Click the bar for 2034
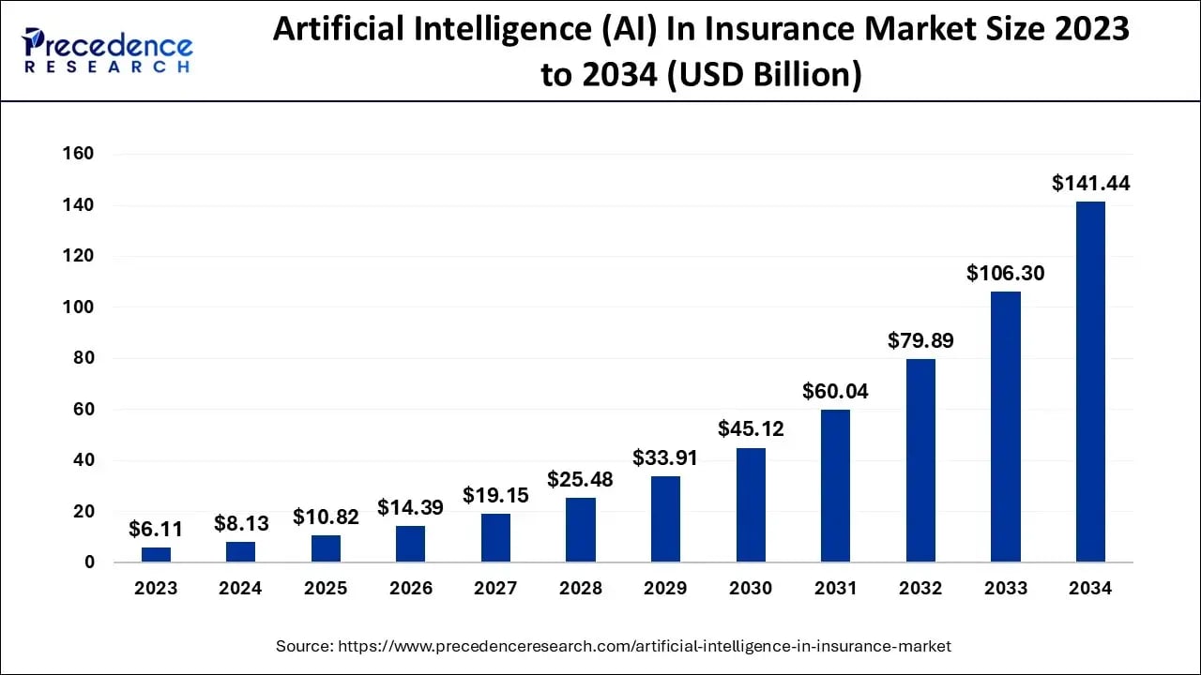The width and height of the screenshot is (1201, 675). coord(1090,382)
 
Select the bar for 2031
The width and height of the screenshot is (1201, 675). coord(835,486)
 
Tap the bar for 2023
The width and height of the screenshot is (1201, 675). coord(156,554)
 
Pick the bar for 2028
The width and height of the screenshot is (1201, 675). coord(580,530)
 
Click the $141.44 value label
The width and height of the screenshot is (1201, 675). coord(1090,184)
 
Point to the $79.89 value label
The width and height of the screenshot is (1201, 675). coord(920,341)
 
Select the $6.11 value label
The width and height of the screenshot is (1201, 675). coord(156,529)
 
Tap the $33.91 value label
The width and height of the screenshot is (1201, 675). coord(665,458)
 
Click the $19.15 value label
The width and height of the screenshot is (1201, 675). coord(495,495)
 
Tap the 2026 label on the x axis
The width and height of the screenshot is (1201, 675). coord(411,589)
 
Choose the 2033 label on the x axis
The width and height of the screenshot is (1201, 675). coord(1005,589)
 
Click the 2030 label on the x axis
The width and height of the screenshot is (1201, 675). coord(751,589)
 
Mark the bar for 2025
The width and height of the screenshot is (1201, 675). coord(326,548)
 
